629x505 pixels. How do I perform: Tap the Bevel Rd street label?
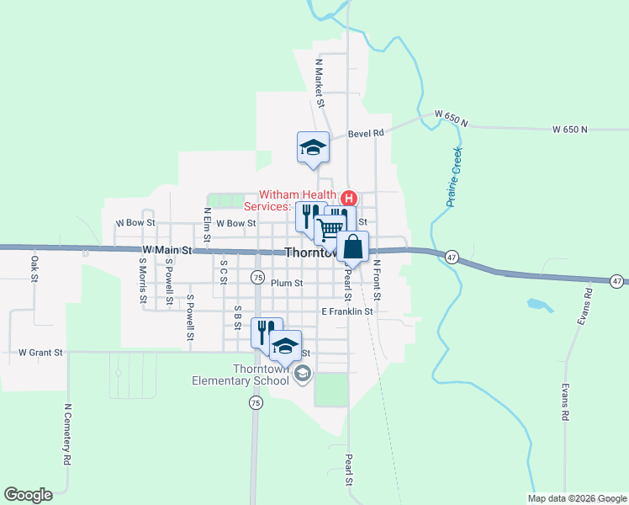pyautogui.click(x=367, y=133)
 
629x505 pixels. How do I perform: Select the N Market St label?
pyautogui.click(x=320, y=83)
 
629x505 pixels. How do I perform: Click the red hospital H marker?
pyautogui.click(x=348, y=199)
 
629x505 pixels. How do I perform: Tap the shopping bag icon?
pyautogui.click(x=354, y=247)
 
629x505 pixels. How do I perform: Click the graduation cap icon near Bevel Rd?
pyautogui.click(x=313, y=148)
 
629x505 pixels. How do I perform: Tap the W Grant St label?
pyautogui.click(x=41, y=353)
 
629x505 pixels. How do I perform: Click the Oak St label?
pyautogui.click(x=35, y=268)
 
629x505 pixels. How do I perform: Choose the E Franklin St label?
pyautogui.click(x=346, y=311)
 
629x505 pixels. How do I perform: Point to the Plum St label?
pyautogui.click(x=287, y=284)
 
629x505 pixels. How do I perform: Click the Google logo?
pyautogui.click(x=28, y=495)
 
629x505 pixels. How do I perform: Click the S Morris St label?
pyautogui.click(x=143, y=280)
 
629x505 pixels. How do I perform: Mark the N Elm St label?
pyautogui.click(x=207, y=224)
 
